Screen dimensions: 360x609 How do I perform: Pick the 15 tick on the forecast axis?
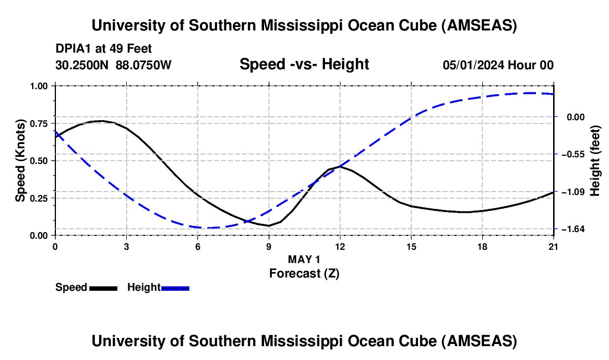coord(411,246)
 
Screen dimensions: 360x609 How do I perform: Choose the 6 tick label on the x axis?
coord(198,246)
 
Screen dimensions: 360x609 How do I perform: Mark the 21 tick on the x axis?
coord(553,246)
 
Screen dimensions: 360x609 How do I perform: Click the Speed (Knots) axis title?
coord(20,161)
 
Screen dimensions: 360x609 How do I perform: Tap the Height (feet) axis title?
coord(596,160)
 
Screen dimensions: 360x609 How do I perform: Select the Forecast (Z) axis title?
coord(304,272)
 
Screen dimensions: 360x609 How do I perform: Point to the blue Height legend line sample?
coord(176,288)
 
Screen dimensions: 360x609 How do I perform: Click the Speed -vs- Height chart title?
coord(304,64)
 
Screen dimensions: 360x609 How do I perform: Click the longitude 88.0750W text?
coord(144,65)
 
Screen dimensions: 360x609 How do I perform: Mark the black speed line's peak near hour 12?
coord(339,166)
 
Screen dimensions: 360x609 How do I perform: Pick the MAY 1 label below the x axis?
coord(304,259)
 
